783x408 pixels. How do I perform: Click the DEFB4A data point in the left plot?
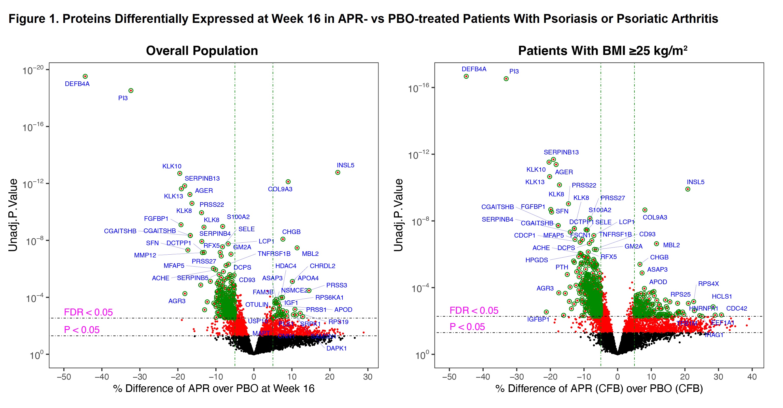point(85,76)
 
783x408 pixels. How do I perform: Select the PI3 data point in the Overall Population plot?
point(131,91)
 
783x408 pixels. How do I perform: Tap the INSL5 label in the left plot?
point(345,165)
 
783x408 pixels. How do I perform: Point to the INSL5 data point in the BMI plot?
point(688,189)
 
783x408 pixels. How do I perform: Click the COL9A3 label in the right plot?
point(655,217)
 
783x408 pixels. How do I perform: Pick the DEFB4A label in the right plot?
point(474,69)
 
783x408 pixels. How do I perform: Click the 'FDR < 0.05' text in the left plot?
point(88,312)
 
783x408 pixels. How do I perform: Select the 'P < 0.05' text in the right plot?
point(467,327)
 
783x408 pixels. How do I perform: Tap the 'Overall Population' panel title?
point(202,51)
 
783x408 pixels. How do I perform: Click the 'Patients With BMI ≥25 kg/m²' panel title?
point(603,51)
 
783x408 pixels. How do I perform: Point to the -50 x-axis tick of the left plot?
point(64,377)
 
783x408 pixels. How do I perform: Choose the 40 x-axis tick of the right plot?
point(752,377)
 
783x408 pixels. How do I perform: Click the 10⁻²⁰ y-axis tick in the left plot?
point(33,70)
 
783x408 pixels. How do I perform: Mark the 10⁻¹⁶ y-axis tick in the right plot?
point(418,88)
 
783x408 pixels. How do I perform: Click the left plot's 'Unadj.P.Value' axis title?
point(13,215)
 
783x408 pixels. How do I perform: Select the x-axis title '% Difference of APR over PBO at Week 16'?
point(214,389)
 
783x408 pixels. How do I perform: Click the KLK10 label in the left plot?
point(172,166)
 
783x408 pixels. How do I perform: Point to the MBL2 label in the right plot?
point(671,245)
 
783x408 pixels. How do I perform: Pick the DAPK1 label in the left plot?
point(337,348)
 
